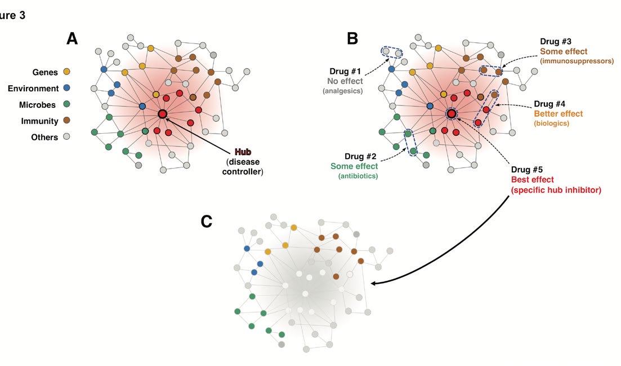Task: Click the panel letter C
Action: click(207, 222)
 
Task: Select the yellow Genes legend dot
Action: click(67, 72)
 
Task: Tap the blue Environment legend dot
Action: click(67, 88)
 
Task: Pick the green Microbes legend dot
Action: click(67, 104)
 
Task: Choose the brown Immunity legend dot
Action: click(67, 121)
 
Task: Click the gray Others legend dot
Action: click(67, 137)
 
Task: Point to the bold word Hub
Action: click(243, 152)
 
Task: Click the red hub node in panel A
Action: click(163, 114)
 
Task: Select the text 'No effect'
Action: click(345, 81)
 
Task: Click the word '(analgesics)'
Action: click(343, 91)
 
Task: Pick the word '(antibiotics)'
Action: click(358, 176)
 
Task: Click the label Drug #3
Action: click(556, 41)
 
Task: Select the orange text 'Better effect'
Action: click(558, 114)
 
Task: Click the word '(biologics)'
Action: click(552, 124)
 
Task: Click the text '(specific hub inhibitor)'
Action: click(556, 190)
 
